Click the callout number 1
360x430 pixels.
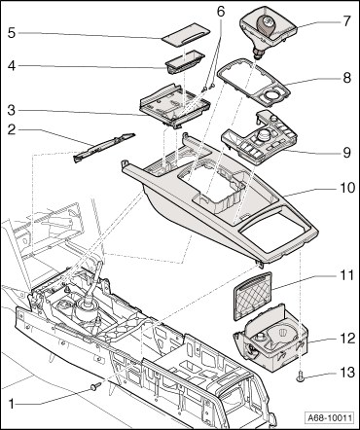point(12,405)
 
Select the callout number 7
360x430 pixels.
point(346,21)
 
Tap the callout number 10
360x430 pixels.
point(346,188)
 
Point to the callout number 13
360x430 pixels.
point(346,372)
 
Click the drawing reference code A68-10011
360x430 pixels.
point(329,417)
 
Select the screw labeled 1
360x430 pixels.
point(95,386)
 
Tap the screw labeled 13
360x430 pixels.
point(301,376)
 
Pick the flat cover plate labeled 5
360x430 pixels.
point(186,38)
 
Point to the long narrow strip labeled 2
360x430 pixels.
point(104,148)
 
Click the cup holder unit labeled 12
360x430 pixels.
point(270,338)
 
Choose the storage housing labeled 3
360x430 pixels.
point(175,105)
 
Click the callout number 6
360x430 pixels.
point(220,12)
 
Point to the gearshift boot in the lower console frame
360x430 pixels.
point(86,310)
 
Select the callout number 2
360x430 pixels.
point(12,130)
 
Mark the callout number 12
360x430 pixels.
point(346,339)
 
